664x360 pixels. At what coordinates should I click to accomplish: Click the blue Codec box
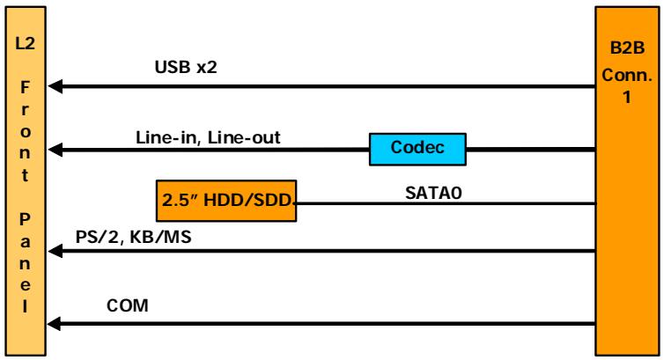click(x=417, y=149)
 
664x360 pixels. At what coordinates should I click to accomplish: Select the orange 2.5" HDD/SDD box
click(x=226, y=201)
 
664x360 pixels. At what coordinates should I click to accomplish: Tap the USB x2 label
click(x=186, y=67)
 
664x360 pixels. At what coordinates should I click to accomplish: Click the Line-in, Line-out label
click(x=208, y=137)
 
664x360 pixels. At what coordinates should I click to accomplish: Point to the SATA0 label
click(x=433, y=193)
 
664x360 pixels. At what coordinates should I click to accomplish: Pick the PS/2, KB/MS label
click(x=133, y=237)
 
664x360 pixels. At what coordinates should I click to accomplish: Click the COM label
click(x=128, y=305)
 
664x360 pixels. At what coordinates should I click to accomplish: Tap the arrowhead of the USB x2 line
click(x=55, y=86)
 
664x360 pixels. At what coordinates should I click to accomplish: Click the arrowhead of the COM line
click(x=54, y=324)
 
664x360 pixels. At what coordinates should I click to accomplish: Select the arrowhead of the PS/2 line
click(x=55, y=252)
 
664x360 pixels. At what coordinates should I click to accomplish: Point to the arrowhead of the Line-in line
click(x=55, y=150)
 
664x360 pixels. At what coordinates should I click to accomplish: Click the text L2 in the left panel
click(x=25, y=43)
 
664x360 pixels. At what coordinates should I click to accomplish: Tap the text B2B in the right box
click(x=627, y=48)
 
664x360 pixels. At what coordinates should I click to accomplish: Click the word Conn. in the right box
click(x=627, y=75)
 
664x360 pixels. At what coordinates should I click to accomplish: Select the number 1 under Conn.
click(x=627, y=97)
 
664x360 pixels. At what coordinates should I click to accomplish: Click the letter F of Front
click(x=25, y=87)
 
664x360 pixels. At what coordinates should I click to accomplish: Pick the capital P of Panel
click(x=25, y=219)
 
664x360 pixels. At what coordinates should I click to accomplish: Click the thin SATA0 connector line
click(x=446, y=204)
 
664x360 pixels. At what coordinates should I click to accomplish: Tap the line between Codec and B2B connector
click(x=531, y=150)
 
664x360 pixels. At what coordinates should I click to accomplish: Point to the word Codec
click(x=417, y=147)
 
